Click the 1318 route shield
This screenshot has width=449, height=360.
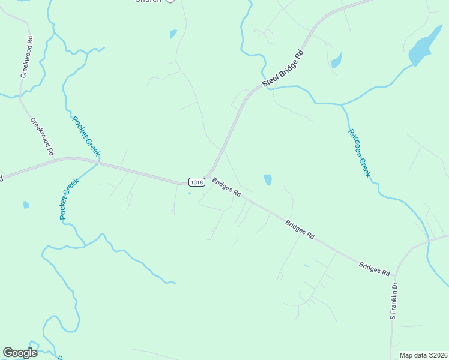tap(195, 182)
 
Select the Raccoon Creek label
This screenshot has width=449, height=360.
tap(359, 153)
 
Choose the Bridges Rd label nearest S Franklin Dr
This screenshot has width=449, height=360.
tap(374, 268)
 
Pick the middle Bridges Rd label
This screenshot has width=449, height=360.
tap(300, 230)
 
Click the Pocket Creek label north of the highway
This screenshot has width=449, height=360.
tap(86, 136)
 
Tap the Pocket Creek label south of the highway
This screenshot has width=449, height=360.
tap(70, 199)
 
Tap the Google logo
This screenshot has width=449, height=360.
tap(20, 353)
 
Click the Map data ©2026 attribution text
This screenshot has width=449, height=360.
tap(423, 355)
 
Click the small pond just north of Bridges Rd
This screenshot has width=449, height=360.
tap(267, 179)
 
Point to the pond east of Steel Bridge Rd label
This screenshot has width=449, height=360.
tap(336, 60)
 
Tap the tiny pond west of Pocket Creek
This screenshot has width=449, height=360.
tap(26, 205)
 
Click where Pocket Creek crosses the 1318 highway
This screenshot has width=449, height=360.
tap(98, 163)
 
